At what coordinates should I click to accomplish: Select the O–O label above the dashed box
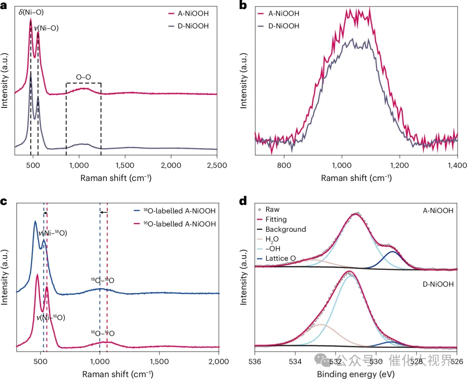[x=83, y=78]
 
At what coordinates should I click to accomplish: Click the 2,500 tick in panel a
[x=217, y=165]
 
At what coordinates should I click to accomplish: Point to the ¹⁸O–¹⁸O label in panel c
[x=102, y=280]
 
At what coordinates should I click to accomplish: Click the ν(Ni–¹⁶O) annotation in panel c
[x=51, y=317]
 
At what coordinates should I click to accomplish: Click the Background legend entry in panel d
[x=285, y=229]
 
